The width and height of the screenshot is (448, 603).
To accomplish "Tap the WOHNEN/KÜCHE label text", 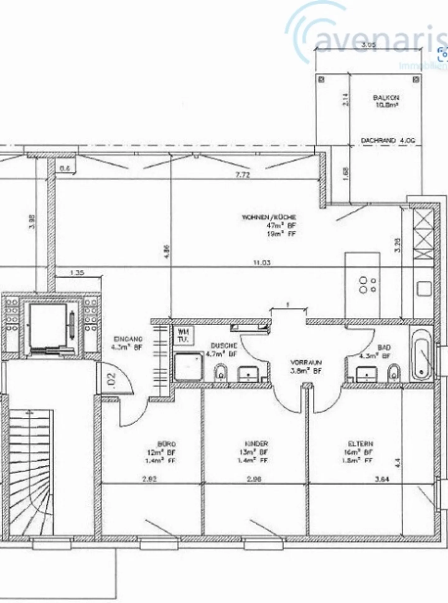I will click(x=269, y=217).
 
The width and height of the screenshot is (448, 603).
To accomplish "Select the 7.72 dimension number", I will click(x=243, y=175).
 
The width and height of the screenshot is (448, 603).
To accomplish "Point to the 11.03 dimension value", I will click(x=262, y=263).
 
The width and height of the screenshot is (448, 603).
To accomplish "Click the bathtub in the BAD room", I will click(x=422, y=355).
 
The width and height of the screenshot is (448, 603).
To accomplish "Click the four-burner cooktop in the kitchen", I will click(x=367, y=285).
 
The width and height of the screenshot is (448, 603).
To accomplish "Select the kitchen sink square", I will click(x=424, y=289).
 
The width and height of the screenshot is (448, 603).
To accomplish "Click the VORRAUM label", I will click(x=306, y=363).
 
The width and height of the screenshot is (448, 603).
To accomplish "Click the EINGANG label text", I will click(x=128, y=339).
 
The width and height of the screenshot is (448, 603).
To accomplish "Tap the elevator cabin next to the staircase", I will click(x=48, y=325).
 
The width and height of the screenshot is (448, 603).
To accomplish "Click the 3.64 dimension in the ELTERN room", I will click(x=382, y=479).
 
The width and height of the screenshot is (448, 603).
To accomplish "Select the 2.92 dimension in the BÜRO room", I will click(x=149, y=479).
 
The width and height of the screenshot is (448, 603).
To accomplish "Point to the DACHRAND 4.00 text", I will click(x=388, y=140).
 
